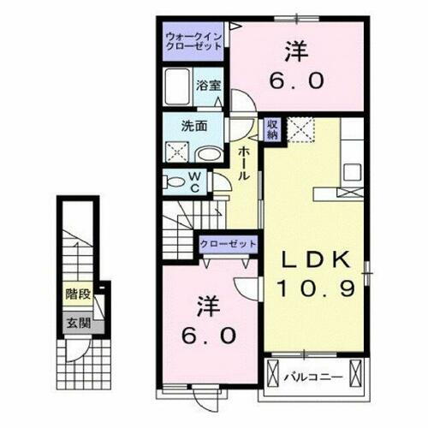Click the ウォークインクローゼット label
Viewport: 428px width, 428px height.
[x=193, y=40]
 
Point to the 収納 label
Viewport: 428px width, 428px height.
[x=272, y=128]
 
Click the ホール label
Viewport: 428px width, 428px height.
[x=246, y=162]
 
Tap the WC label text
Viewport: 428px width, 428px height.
[x=194, y=181]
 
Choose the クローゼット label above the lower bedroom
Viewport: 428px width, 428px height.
[x=228, y=244]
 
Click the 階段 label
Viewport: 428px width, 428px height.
[x=77, y=294]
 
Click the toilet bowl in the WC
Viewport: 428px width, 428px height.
[x=175, y=181]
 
